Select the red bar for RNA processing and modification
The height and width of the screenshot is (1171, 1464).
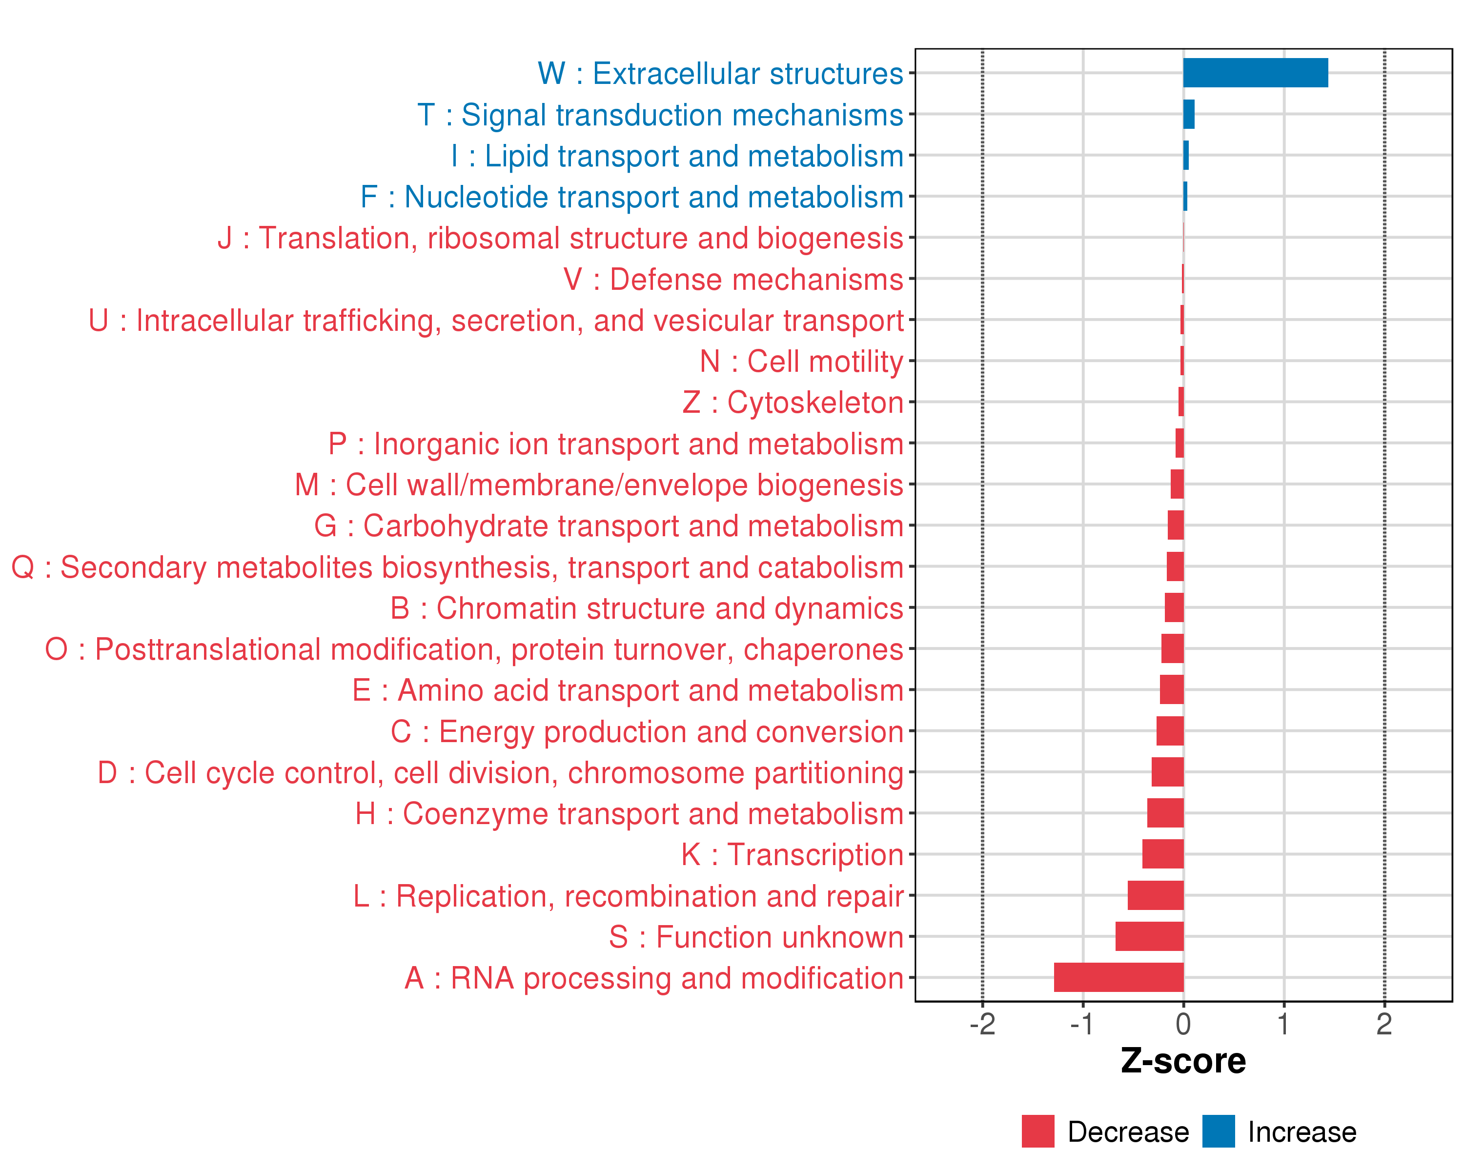click(x=1118, y=977)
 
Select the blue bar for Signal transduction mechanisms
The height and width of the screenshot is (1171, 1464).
click(x=1188, y=114)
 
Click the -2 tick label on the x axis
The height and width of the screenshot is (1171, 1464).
click(x=982, y=1024)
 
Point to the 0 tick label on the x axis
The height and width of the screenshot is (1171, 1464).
click(x=1183, y=1024)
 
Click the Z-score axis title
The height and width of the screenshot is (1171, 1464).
click(x=1183, y=1061)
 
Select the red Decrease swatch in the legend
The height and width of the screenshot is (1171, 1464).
click(x=1037, y=1131)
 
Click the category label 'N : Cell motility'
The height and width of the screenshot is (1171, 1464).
click(x=801, y=361)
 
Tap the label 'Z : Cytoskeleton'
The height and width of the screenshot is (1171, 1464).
click(x=793, y=403)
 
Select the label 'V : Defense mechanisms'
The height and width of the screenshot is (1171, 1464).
click(x=733, y=279)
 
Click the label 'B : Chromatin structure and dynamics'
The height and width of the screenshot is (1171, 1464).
click(x=647, y=608)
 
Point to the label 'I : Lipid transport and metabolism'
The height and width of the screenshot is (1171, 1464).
click(x=677, y=156)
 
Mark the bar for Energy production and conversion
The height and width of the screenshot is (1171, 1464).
click(x=1169, y=730)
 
